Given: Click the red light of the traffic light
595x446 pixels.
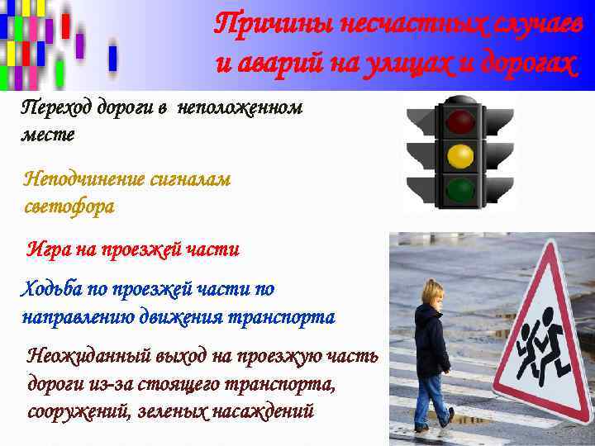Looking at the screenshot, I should point(460,122).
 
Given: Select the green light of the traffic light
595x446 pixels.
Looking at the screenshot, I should point(460,190).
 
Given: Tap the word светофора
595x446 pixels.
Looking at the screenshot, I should point(70,206).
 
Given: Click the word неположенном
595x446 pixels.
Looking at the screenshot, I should point(251,107).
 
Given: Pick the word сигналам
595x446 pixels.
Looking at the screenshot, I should point(189,179).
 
